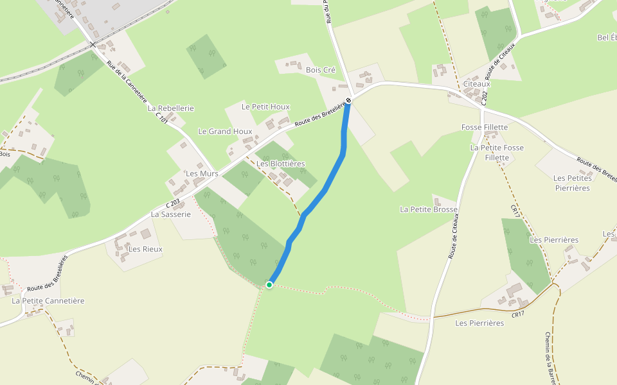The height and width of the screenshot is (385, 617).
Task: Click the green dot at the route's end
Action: pos(269,284)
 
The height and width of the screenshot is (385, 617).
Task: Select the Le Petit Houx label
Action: pos(265,107)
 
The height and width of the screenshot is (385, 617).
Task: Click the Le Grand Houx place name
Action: pos(225,132)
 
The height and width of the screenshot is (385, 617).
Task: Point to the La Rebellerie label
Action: pos(171,108)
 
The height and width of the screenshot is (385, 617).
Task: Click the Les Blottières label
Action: pos(281,164)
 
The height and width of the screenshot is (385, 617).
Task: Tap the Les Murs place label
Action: pos(202,174)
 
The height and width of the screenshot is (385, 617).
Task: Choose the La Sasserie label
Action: pos(171,214)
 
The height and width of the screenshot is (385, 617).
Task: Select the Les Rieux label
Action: pos(146,249)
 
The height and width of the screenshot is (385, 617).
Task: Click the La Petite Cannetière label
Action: pos(48,300)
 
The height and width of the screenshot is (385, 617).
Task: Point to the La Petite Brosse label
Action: pos(429,209)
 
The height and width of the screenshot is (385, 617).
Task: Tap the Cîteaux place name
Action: pos(476,83)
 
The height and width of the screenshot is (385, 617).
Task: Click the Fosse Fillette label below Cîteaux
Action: pos(485,127)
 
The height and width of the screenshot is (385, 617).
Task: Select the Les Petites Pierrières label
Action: pos(571,183)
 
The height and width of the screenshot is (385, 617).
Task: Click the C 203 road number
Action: pos(172,204)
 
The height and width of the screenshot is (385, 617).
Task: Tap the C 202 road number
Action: pos(484,99)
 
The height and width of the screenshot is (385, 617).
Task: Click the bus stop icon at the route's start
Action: pos(348,101)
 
